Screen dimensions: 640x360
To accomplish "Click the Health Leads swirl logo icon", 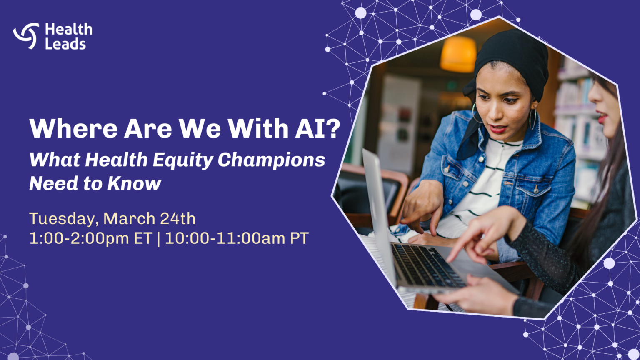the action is coord(26,36).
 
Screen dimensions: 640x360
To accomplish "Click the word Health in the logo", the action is coord(69,29).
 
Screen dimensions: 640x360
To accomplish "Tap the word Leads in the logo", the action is coord(65,44).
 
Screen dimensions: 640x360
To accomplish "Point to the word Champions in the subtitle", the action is coord(271,160).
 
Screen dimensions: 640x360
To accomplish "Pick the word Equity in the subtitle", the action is coord(183,160).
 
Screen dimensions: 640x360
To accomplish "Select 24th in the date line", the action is coord(177,218).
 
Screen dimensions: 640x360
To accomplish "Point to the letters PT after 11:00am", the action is coord(299,238).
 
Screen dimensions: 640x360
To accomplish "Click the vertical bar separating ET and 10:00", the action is coord(159,238).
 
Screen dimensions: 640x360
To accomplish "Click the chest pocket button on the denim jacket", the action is coord(536,189).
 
